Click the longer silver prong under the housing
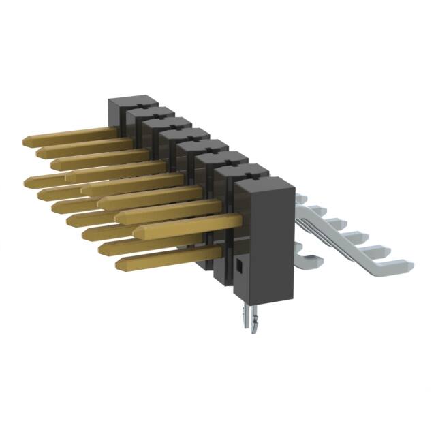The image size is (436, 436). pyautogui.click(x=245, y=316)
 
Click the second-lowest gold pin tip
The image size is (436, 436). pyautogui.click(x=102, y=249)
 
